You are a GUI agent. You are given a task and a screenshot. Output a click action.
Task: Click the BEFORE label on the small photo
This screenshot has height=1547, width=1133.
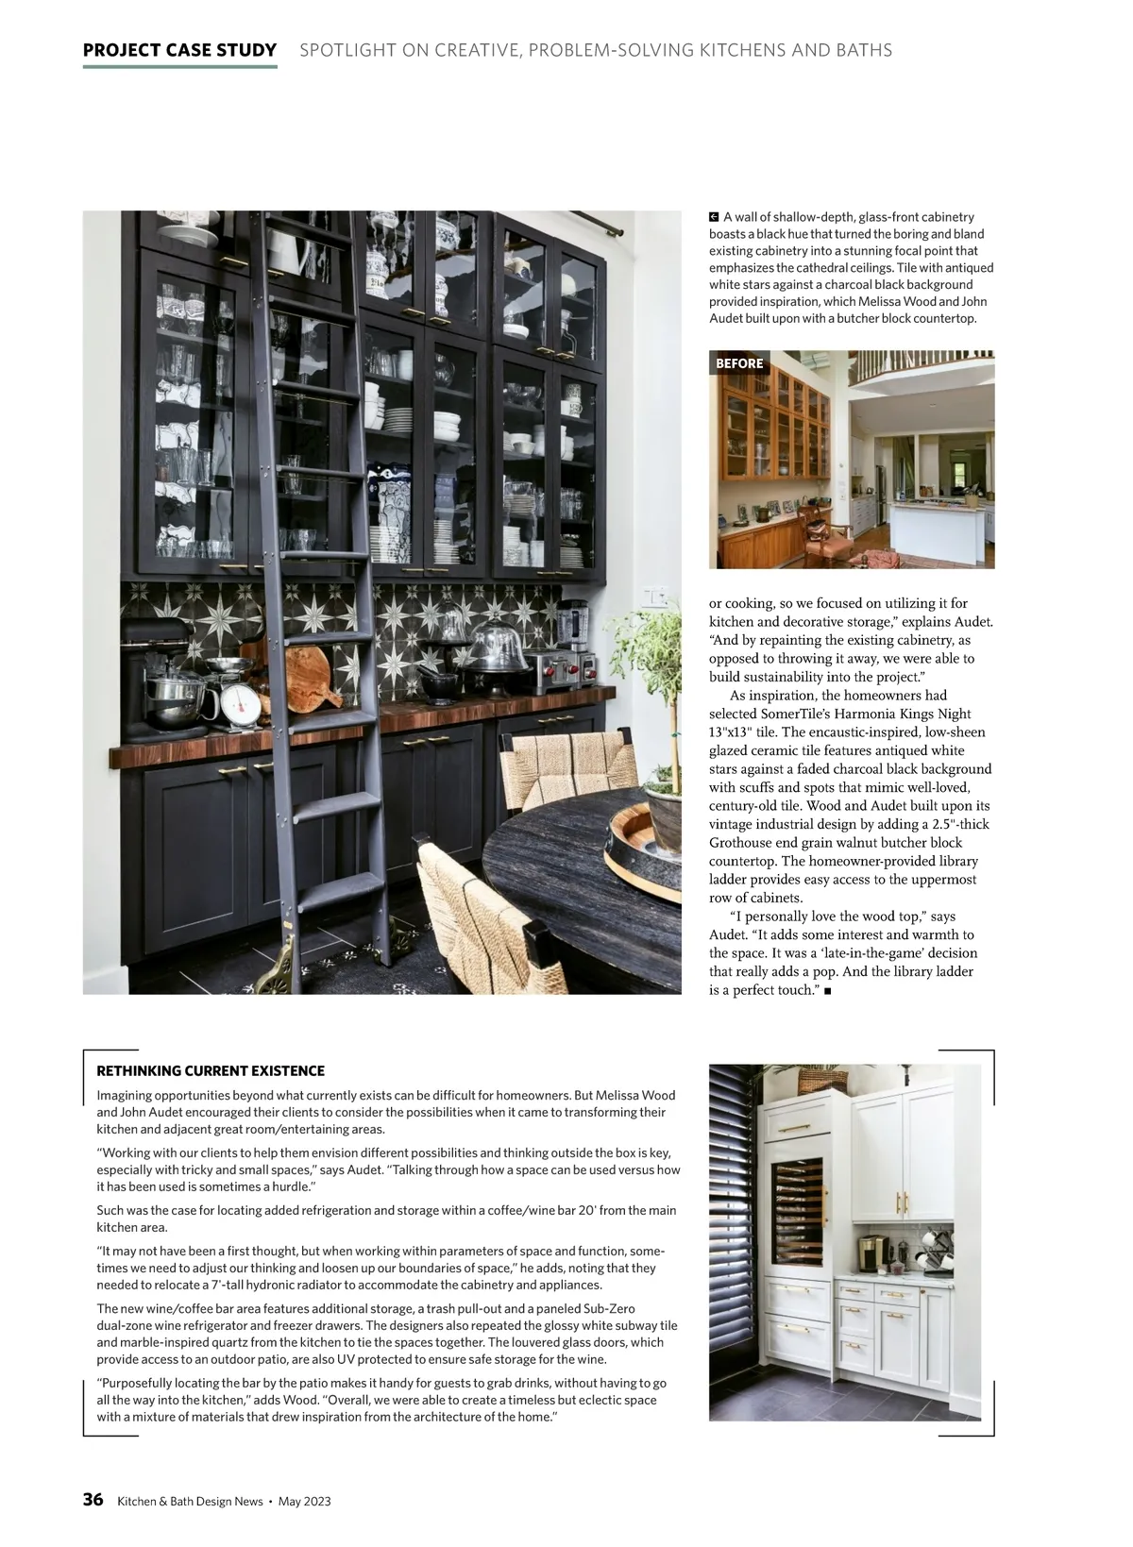click(739, 363)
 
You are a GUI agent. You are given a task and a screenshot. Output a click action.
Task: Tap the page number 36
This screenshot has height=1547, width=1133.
click(93, 1500)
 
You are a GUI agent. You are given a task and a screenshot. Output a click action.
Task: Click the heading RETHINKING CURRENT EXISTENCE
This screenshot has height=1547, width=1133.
click(211, 1070)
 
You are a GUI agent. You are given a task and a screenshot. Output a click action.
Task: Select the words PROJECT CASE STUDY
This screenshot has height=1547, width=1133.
click(179, 50)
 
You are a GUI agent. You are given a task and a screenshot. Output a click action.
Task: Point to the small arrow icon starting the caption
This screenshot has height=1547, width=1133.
click(715, 217)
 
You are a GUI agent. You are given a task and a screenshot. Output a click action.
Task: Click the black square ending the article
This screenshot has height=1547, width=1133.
click(827, 991)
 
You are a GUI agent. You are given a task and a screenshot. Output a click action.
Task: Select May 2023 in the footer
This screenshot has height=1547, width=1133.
click(304, 1501)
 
